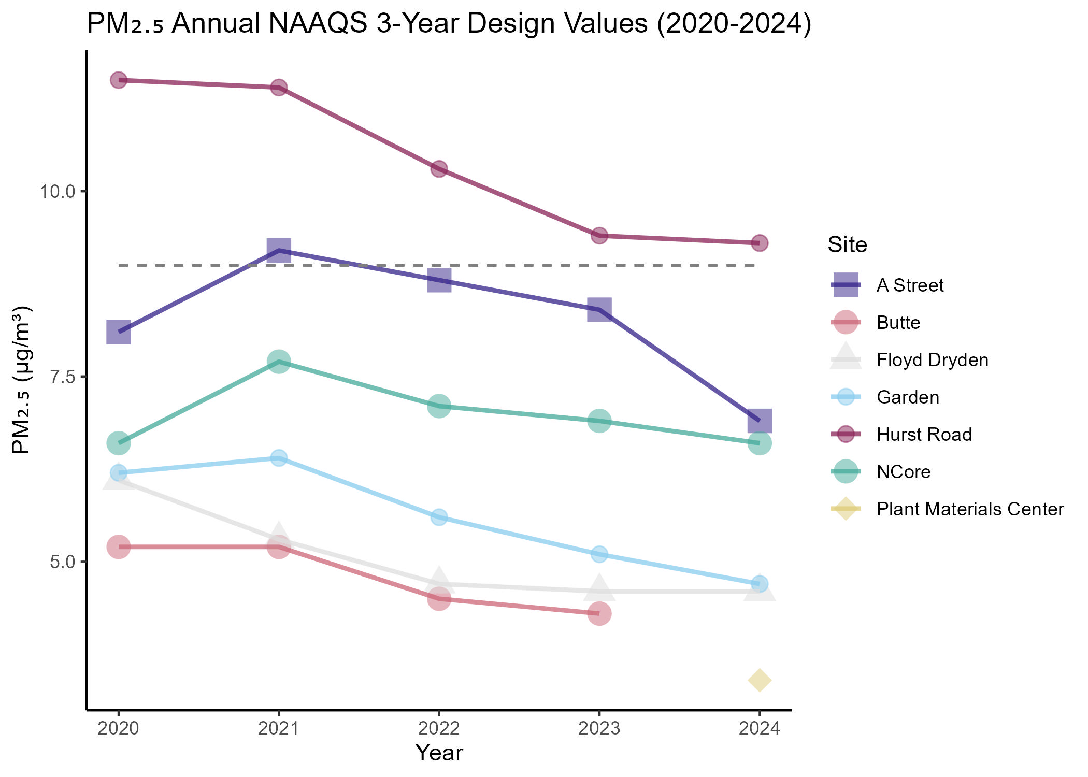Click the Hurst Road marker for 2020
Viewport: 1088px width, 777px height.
119,80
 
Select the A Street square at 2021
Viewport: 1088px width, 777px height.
279,250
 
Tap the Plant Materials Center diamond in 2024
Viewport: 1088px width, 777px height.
760,680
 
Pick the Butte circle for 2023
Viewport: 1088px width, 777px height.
599,613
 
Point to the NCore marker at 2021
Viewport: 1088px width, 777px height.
279,362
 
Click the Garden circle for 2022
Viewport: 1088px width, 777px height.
439,517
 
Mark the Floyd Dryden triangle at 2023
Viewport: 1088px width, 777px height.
599,588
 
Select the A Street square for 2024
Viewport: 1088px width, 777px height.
760,421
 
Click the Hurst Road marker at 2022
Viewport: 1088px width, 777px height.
439,169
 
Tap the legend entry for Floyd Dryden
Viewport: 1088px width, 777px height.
932,360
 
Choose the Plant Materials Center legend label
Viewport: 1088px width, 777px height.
970,509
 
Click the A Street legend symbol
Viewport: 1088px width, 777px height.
846,285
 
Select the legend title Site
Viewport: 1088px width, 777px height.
847,244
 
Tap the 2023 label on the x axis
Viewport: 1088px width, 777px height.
599,729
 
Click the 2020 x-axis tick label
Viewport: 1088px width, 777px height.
119,729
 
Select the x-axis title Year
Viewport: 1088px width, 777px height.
439,753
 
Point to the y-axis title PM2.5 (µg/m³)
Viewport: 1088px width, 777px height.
22,380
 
